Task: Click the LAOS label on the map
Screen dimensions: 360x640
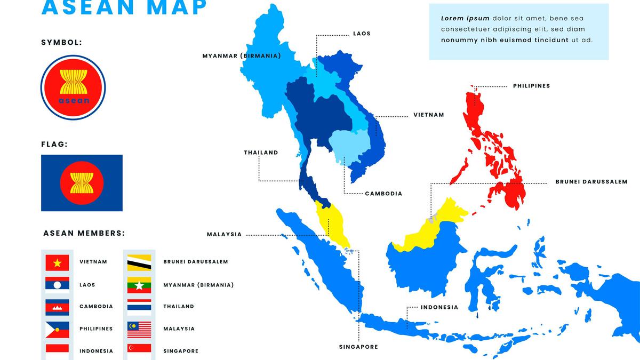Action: (362, 34)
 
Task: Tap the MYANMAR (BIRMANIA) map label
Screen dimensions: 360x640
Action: (241, 55)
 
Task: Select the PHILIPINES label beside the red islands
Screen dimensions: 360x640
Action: (531, 86)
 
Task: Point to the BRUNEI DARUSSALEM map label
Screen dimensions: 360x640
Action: (591, 182)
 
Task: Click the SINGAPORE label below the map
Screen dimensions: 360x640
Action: (358, 347)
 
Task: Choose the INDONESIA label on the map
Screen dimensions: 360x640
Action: (439, 307)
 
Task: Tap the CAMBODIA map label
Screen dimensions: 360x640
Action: (383, 194)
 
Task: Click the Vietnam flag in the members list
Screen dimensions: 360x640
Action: (57, 262)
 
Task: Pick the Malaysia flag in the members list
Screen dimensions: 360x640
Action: (139, 329)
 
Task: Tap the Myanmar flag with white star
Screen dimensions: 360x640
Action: (139, 285)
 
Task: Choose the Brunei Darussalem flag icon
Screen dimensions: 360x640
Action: (139, 262)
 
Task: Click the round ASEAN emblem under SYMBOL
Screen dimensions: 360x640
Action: (73, 87)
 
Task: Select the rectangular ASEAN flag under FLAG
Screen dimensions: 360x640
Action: (82, 183)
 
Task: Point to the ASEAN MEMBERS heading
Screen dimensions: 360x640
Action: (84, 233)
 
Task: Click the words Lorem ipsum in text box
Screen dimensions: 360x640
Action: (458, 18)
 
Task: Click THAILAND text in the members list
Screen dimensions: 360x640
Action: (179, 307)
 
